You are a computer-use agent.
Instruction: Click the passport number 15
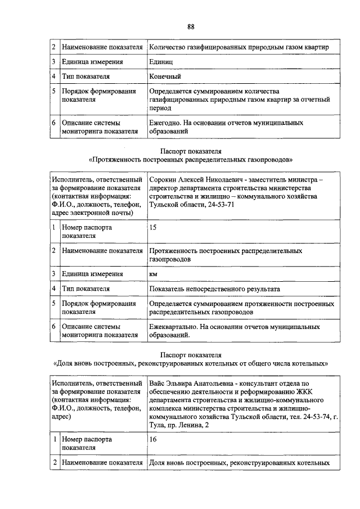(x=153, y=227)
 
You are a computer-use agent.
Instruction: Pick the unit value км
(x=153, y=274)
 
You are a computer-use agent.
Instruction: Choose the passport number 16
(x=153, y=439)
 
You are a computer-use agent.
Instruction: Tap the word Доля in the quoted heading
(x=65, y=363)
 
